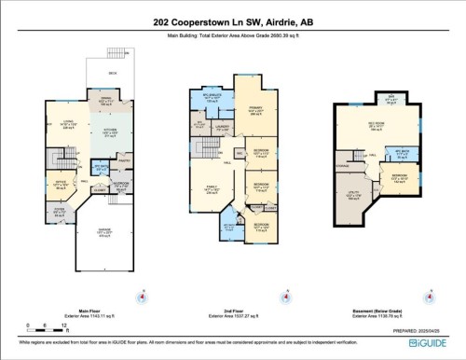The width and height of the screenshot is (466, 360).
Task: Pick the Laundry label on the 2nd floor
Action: point(223,124)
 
